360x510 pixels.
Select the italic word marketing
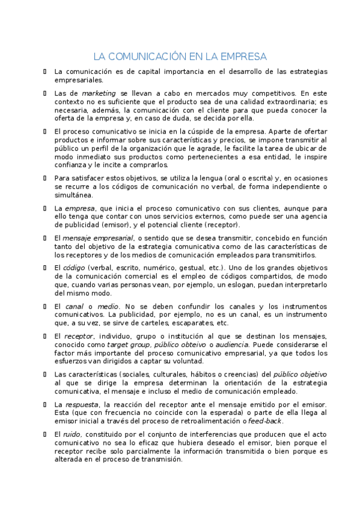click(99, 93)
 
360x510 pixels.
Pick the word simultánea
click(74, 195)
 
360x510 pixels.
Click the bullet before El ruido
click(45, 434)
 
